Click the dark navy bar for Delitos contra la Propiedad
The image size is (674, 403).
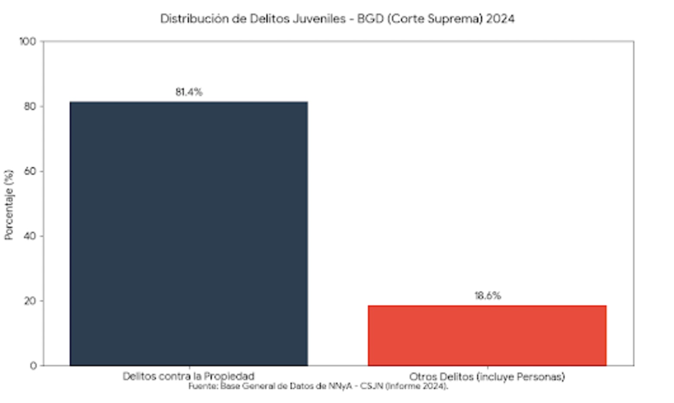click(x=189, y=233)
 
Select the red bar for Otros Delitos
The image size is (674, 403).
click(x=487, y=336)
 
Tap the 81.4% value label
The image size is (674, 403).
click(x=189, y=92)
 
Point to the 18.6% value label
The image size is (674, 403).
click(x=488, y=296)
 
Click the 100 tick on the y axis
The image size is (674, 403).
click(x=28, y=42)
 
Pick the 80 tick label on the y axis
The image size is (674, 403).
click(x=30, y=106)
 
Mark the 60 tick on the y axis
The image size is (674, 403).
click(x=30, y=171)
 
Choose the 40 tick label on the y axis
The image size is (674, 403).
click(x=30, y=236)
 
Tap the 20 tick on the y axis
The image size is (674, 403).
click(x=30, y=301)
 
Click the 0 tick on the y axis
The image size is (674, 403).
click(x=33, y=366)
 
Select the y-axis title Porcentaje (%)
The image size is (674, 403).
click(x=9, y=205)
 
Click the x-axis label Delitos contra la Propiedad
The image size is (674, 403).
click(x=189, y=376)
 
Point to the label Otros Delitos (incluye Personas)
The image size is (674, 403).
click(x=487, y=377)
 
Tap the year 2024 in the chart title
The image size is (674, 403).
click(x=500, y=19)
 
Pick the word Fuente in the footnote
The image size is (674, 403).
click(x=203, y=386)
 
